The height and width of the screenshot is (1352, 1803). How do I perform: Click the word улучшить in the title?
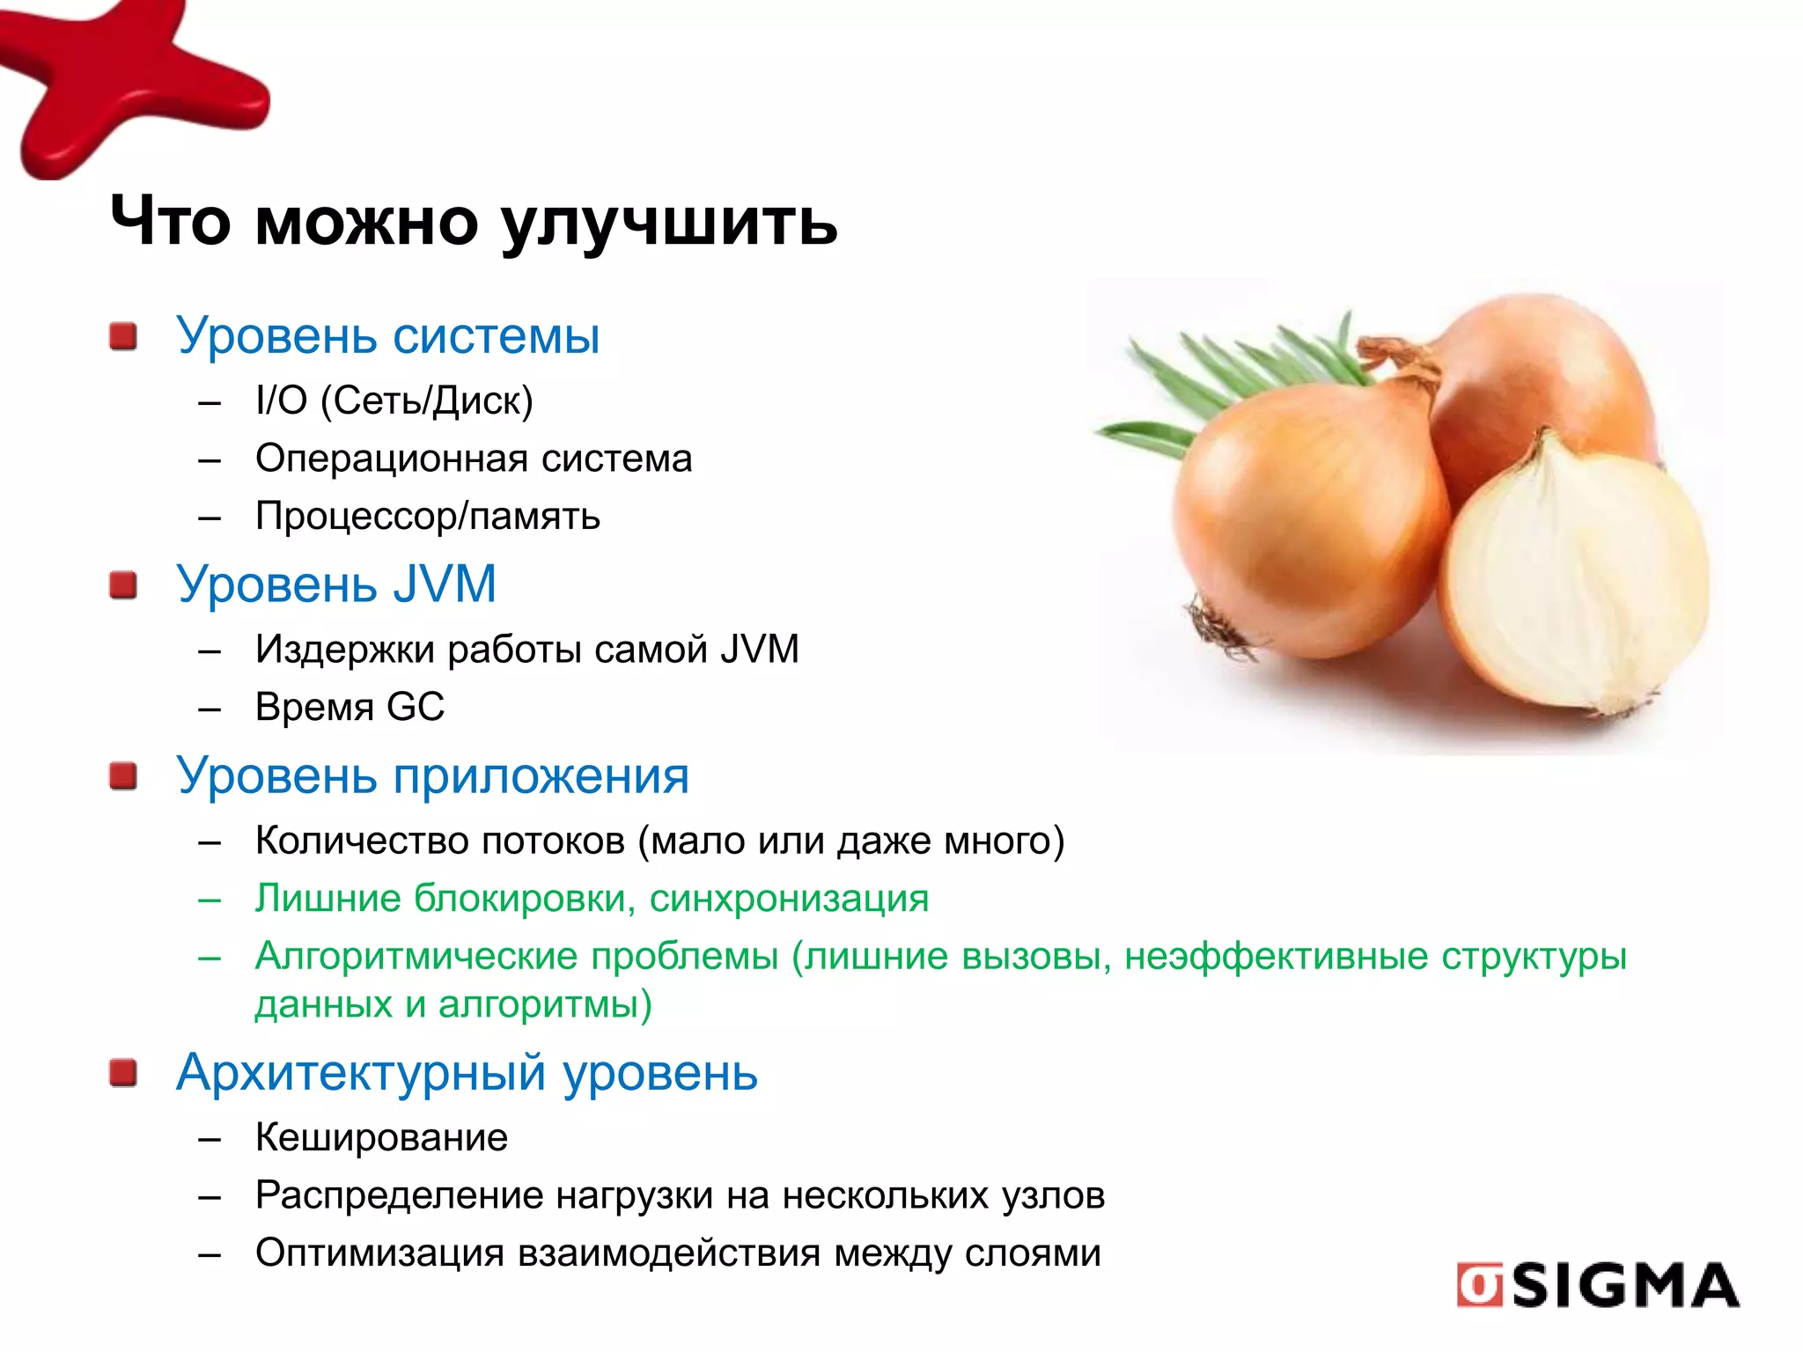(x=669, y=223)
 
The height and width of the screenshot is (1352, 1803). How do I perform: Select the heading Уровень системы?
(x=387, y=335)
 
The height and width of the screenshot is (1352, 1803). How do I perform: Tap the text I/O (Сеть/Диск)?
(x=394, y=400)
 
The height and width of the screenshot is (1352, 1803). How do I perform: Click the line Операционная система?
(x=474, y=459)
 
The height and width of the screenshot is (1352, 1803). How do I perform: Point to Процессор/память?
(x=427, y=516)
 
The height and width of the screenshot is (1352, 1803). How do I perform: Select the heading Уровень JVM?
(x=336, y=584)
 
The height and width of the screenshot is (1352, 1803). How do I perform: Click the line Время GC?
(x=350, y=707)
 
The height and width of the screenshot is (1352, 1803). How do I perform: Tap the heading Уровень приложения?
(x=432, y=775)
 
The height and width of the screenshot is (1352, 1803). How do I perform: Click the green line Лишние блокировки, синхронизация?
(x=592, y=899)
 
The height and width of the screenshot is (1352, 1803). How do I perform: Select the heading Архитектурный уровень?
(x=467, y=1072)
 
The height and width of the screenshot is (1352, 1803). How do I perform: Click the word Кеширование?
(x=381, y=1138)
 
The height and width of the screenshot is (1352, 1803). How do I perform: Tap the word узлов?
(x=1053, y=1195)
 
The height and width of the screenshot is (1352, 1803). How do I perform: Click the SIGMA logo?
(x=1597, y=1285)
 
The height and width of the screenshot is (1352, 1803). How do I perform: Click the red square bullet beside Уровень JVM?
(x=123, y=584)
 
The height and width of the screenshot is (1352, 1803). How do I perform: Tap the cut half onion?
(x=1576, y=581)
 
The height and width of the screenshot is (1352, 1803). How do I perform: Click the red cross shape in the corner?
(x=123, y=88)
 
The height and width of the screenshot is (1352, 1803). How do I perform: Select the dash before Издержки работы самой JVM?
(x=210, y=652)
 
